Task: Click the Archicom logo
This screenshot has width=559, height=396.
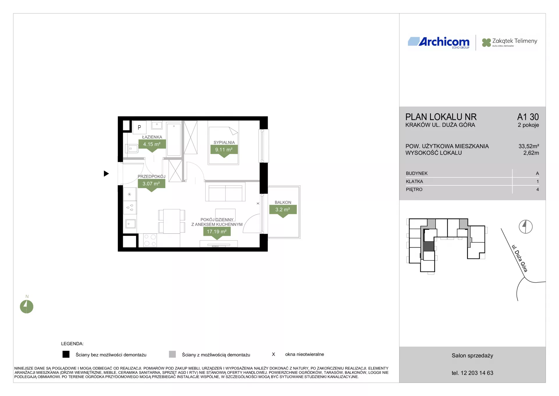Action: point(438,43)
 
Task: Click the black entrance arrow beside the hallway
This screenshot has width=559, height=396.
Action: point(106,174)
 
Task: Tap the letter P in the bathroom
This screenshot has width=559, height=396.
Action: point(139,127)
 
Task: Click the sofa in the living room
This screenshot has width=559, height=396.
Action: point(225,192)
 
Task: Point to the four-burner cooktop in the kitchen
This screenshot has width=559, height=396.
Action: point(150,240)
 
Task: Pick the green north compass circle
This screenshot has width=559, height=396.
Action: point(26,307)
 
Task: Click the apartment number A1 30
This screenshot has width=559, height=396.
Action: point(528,117)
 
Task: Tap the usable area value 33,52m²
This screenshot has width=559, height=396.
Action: point(529,146)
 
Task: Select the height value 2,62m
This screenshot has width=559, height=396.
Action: point(531,153)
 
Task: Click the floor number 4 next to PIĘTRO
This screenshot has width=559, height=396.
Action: point(537,190)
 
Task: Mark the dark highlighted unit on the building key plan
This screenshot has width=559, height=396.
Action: point(429,246)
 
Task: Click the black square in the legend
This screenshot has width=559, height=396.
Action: point(66,354)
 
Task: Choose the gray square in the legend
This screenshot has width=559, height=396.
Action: point(172,354)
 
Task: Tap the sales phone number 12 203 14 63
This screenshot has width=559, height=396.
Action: point(477,373)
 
